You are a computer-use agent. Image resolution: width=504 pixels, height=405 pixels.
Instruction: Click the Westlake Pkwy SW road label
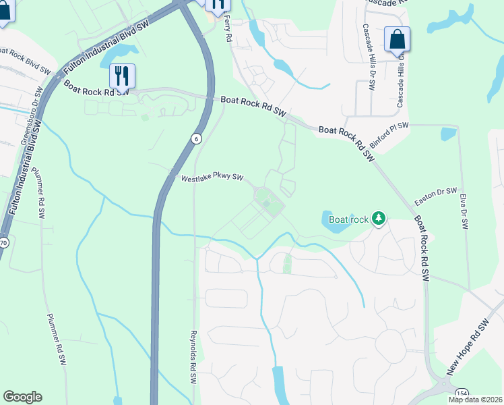point(212,178)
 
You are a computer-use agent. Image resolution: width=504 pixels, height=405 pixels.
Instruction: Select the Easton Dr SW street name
point(436,196)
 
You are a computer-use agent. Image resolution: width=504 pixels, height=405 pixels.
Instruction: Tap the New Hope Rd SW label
point(468,348)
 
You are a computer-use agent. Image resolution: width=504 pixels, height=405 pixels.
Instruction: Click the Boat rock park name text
point(348,219)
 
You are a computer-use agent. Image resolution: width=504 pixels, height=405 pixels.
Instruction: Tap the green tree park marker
point(379,218)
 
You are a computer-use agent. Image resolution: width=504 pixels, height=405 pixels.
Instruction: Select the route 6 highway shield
point(195,138)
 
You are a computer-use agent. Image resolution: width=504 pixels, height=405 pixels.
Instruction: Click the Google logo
point(22,397)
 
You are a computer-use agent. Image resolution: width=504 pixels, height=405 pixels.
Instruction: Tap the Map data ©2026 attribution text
point(475,400)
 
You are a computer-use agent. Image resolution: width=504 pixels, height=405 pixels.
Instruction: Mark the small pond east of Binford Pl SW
point(448,134)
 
